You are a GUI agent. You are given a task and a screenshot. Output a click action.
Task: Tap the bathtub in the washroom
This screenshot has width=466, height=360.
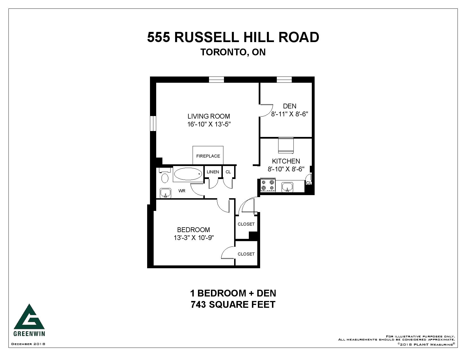(188, 174)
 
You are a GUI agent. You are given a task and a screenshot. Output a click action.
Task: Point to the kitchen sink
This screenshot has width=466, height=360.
(287, 187)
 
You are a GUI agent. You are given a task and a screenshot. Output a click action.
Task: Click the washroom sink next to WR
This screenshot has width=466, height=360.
(166, 193)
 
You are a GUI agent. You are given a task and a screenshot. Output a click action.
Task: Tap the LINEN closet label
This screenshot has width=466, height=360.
(213, 172)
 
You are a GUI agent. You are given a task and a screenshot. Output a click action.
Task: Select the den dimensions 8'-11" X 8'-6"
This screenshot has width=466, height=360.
(289, 114)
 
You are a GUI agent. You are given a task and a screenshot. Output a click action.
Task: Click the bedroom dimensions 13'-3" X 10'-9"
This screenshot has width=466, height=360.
(193, 238)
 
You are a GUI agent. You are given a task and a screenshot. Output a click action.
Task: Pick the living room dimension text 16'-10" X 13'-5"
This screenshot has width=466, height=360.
(209, 124)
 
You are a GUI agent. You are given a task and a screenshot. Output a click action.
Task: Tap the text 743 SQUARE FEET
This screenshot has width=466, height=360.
(233, 305)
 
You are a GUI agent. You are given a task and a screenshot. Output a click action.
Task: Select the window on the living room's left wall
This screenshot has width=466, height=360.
(153, 123)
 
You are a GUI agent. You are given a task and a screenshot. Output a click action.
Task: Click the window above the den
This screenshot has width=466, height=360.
(284, 80)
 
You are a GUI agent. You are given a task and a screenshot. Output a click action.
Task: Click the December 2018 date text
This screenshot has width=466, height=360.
(28, 344)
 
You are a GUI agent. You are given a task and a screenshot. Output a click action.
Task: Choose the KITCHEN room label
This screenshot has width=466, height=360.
(286, 161)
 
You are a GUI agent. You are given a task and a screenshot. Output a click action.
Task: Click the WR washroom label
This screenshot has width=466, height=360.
(182, 191)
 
